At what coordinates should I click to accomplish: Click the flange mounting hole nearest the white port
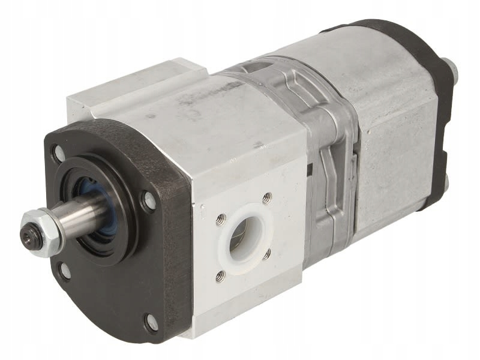[148, 200]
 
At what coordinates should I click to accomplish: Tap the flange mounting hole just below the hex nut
[64, 270]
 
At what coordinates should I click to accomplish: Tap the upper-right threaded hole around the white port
[266, 197]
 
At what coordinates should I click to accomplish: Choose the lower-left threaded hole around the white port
[221, 276]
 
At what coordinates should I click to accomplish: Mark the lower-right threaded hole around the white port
[266, 254]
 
